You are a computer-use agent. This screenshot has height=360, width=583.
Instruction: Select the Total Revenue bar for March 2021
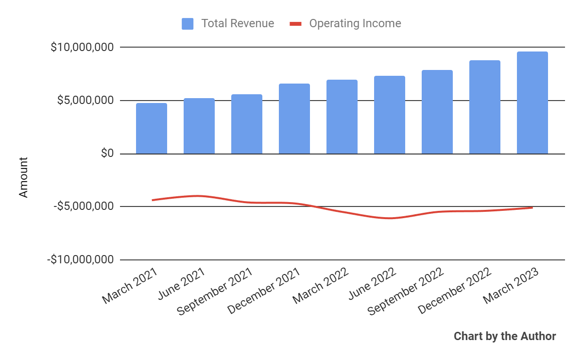[152, 128]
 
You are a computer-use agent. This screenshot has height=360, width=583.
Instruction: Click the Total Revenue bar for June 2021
[199, 126]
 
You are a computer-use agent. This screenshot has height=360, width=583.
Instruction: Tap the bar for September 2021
[247, 124]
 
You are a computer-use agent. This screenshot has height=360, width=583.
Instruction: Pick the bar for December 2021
[294, 119]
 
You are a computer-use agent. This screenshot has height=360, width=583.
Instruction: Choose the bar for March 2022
[342, 117]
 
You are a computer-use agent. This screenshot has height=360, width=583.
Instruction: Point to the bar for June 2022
[390, 115]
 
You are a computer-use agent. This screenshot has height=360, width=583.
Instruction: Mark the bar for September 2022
[437, 112]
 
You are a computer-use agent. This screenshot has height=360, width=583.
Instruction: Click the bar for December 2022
[485, 107]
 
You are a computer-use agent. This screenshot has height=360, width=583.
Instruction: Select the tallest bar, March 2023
[532, 103]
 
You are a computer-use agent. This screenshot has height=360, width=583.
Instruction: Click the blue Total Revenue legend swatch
[188, 23]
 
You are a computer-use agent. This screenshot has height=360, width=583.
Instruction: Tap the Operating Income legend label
[355, 23]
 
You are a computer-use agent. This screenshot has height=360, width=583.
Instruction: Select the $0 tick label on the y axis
[107, 154]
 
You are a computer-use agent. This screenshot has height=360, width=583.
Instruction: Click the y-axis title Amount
[23, 177]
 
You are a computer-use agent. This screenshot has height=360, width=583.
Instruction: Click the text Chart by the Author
[505, 336]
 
